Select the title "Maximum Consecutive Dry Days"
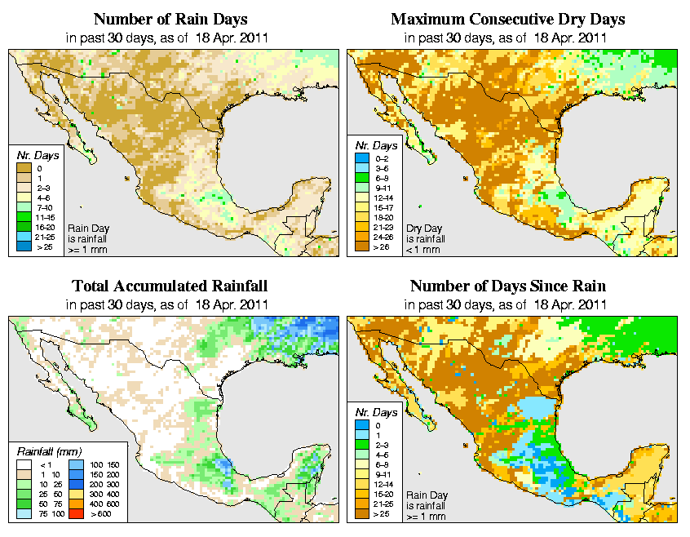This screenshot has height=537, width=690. pyautogui.click(x=508, y=19)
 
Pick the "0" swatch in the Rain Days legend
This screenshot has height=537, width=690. pyautogui.click(x=23, y=167)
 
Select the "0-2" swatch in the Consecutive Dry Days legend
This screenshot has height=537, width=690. pyautogui.click(x=360, y=157)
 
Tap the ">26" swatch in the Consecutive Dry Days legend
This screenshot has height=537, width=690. pyautogui.click(x=360, y=245)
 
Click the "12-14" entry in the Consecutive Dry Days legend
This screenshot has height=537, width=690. pyautogui.click(x=360, y=196)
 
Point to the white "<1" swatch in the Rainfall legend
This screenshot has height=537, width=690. pyautogui.click(x=23, y=464)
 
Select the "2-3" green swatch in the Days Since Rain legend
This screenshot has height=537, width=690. pyautogui.click(x=360, y=444)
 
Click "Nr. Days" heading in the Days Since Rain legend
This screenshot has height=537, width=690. pyautogui.click(x=378, y=413)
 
